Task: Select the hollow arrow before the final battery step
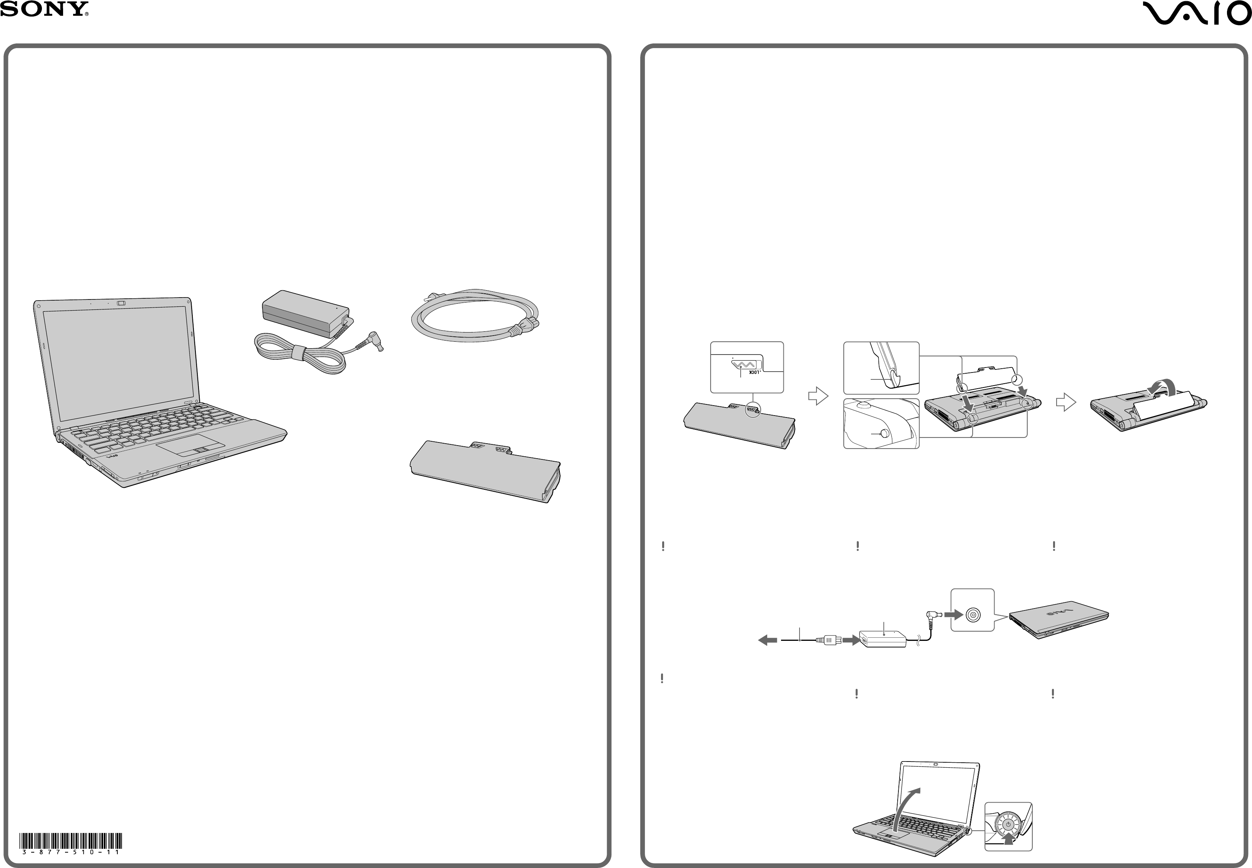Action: click(x=1066, y=402)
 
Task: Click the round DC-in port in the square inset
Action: click(x=973, y=615)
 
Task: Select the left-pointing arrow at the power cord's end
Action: click(x=768, y=641)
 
